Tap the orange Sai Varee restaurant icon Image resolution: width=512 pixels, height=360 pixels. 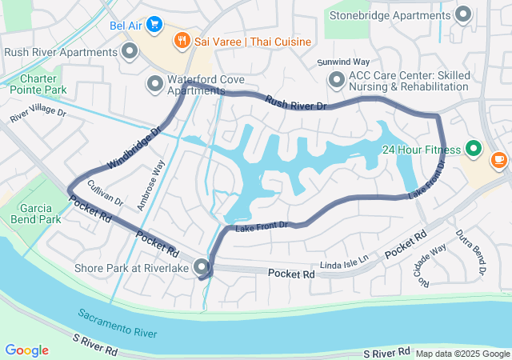pos(182,39)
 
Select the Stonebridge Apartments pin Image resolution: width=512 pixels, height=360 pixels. pos(462,14)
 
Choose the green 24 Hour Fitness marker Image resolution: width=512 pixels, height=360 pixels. pos(472,149)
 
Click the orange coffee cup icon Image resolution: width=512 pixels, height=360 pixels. pos(499,159)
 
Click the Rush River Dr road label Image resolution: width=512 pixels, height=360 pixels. pos(296,102)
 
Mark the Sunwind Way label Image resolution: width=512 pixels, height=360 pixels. pos(343,62)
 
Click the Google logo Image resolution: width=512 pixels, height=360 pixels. pos(26,350)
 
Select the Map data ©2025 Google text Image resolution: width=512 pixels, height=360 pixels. pos(462,354)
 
